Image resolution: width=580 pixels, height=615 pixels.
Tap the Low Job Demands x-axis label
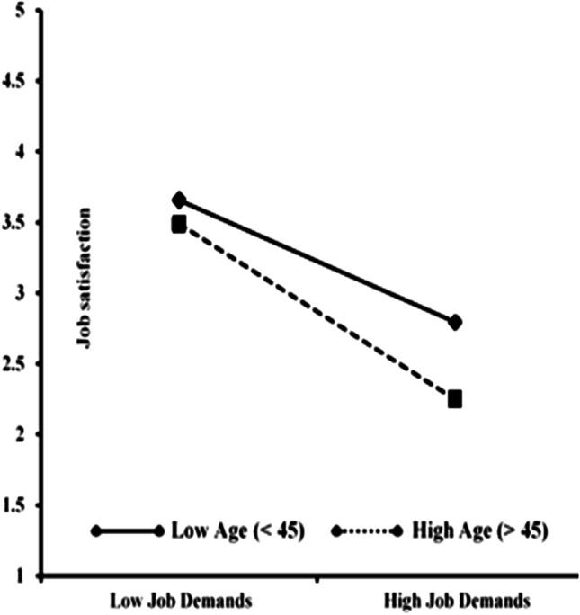pos(179,600)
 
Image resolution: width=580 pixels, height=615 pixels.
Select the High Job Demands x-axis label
pos(456,600)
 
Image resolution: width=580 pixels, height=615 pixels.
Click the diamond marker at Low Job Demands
pos(179,200)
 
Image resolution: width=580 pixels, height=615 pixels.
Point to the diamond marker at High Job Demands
pos(455,322)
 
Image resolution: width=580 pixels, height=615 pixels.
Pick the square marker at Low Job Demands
pos(179,224)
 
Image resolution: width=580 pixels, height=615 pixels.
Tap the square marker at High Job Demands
pos(455,398)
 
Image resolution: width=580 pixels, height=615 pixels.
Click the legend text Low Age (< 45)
pos(238,530)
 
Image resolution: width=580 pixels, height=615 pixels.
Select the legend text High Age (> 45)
pos(479,530)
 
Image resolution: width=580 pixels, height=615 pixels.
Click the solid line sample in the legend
pos(127,531)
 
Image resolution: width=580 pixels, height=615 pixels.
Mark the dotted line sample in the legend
pos(366,531)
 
